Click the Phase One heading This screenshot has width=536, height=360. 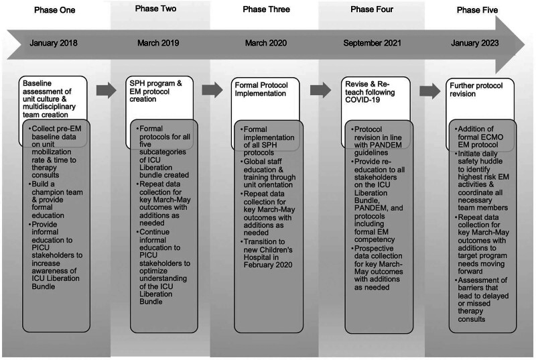[52, 10]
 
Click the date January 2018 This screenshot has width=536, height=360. [54, 44]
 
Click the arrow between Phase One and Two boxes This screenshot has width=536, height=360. [106, 91]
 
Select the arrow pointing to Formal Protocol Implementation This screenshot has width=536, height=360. [212, 91]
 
